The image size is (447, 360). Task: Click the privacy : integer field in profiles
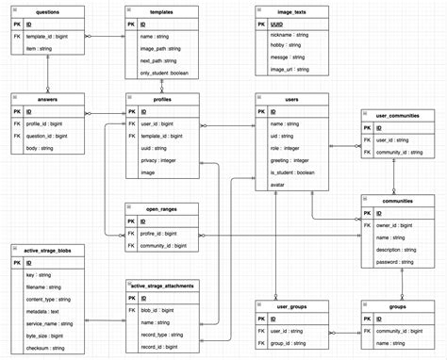click(157, 161)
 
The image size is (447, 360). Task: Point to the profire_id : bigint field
click(161, 233)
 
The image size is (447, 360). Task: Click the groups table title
click(396, 307)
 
